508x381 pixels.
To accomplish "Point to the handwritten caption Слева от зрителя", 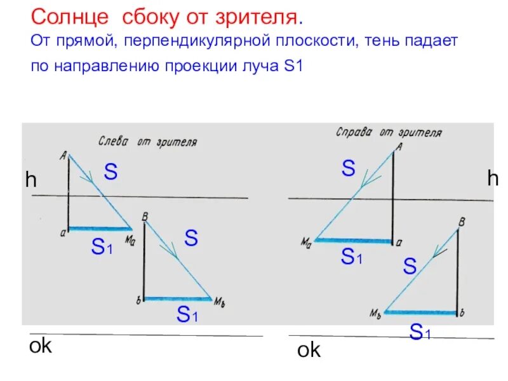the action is (x=147, y=142).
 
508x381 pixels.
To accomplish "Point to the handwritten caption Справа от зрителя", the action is (x=389, y=132).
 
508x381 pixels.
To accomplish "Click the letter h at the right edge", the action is (x=493, y=179).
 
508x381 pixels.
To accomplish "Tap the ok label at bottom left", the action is (x=40, y=346).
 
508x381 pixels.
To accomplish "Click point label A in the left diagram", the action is (x=63, y=153).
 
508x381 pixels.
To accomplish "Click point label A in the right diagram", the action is (x=399, y=147).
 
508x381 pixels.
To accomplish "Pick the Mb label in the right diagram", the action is (x=375, y=312).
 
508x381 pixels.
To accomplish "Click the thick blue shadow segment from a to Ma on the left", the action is (x=100, y=229).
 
